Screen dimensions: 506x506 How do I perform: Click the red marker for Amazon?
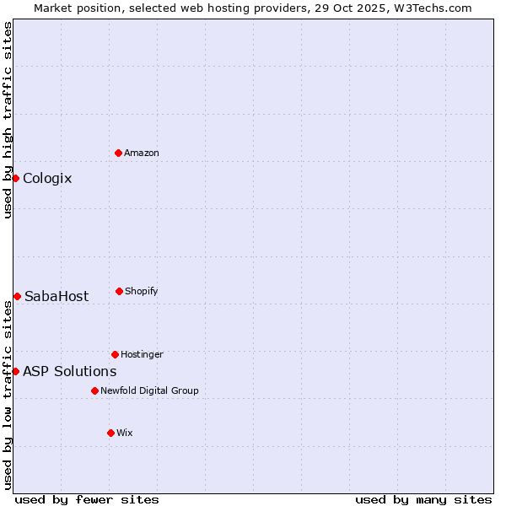pyautogui.click(x=118, y=153)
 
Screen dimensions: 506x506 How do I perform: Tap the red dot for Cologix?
pyautogui.click(x=15, y=178)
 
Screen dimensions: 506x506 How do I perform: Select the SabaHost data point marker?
pyautogui.click(x=17, y=296)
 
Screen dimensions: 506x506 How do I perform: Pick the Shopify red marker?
pyautogui.click(x=119, y=291)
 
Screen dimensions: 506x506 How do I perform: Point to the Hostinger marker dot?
pyautogui.click(x=115, y=354)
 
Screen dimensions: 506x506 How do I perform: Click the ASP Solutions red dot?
pyautogui.click(x=15, y=371)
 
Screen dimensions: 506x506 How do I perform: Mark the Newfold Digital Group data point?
pyautogui.click(x=94, y=390)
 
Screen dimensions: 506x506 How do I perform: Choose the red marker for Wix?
pyautogui.click(x=110, y=433)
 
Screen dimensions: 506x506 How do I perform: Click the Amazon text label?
pyautogui.click(x=142, y=153)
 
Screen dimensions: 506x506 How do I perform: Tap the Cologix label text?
pyautogui.click(x=47, y=178)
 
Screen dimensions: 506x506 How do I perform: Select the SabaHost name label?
pyautogui.click(x=57, y=296)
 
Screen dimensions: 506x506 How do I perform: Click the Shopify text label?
pyautogui.click(x=141, y=291)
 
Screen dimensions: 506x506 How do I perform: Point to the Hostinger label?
pyautogui.click(x=142, y=354)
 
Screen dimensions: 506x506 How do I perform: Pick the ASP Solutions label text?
pyautogui.click(x=69, y=371)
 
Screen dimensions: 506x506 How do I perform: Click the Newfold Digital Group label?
pyautogui.click(x=149, y=390)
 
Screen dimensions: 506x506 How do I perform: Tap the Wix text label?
pyautogui.click(x=125, y=433)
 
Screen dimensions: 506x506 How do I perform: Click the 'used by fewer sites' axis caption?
pyautogui.click(x=87, y=499)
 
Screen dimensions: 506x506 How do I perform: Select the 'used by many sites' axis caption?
pyautogui.click(x=423, y=499)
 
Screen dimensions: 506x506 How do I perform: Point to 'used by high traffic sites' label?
pyautogui.click(x=8, y=120)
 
